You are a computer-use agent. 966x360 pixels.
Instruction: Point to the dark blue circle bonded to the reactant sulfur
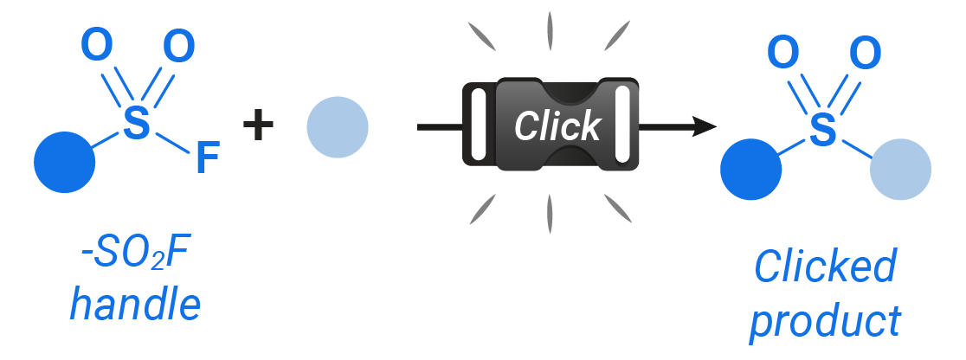coord(65,162)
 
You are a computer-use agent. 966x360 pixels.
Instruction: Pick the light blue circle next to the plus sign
coord(337,127)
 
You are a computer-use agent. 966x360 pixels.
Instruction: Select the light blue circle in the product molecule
coord(900,169)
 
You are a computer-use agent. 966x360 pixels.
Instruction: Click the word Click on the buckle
coord(557,126)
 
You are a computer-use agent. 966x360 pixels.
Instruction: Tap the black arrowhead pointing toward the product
coord(705,128)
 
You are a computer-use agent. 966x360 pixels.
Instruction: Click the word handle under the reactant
coord(135,304)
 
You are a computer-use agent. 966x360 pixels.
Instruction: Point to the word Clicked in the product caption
coord(825,267)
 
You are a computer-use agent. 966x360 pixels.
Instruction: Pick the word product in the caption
coord(825,322)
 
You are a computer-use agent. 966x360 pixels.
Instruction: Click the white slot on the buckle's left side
coord(475,128)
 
